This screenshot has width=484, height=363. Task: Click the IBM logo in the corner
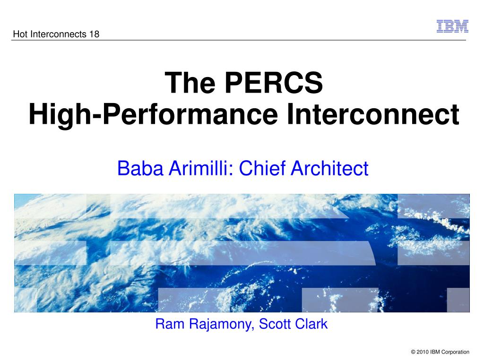tap(452, 26)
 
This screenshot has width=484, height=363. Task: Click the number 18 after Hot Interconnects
tap(94, 34)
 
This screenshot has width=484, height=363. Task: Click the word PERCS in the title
tap(274, 82)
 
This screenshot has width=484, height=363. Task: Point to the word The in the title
tap(190, 82)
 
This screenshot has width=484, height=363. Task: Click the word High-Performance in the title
tap(153, 115)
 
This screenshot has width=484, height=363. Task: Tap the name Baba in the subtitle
tap(140, 168)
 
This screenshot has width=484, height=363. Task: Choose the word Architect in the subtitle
tap(329, 168)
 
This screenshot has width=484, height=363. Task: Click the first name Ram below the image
tap(170, 324)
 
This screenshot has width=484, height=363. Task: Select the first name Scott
tap(275, 324)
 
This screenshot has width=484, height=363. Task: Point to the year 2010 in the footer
tap(423, 352)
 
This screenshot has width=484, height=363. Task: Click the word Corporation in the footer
tap(455, 352)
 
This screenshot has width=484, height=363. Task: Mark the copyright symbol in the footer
tap(413, 352)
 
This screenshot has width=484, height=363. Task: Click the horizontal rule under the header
tap(239, 40)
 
